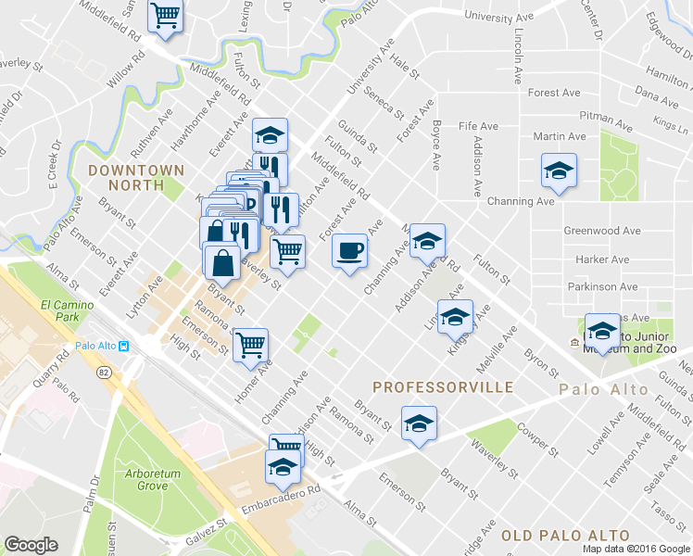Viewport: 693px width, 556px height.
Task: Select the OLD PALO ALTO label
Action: pyautogui.click(x=565, y=536)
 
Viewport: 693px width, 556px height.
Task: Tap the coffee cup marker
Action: pyautogui.click(x=349, y=251)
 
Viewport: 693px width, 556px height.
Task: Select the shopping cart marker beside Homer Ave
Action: pyautogui.click(x=250, y=345)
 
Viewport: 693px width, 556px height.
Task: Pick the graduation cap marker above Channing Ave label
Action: pyautogui.click(x=560, y=171)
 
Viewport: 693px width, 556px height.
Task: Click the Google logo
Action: pyautogui.click(x=31, y=545)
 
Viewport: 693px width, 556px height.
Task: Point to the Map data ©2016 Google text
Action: pyautogui.click(x=636, y=549)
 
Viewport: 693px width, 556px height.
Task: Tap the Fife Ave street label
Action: pyautogui.click(x=478, y=126)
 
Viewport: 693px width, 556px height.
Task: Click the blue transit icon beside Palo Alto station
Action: pyautogui.click(x=122, y=347)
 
